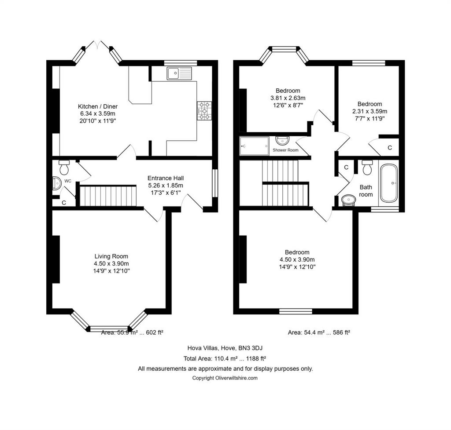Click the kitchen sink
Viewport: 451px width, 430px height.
tap(179, 73)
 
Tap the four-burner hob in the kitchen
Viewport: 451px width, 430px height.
tap(204, 111)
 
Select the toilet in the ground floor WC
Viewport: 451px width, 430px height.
tap(64, 167)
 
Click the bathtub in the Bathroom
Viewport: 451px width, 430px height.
tap(389, 183)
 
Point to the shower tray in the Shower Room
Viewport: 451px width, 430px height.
tap(254, 146)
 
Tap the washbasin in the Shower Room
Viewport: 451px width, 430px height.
tap(282, 141)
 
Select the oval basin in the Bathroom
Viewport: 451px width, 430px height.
tap(349, 200)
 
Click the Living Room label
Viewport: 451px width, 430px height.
tap(111, 256)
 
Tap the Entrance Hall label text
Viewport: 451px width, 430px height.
tap(166, 178)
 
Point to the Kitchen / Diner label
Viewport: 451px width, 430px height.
tap(98, 106)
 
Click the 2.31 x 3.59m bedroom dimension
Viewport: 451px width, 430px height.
tap(370, 111)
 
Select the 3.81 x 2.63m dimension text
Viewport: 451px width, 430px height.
tap(288, 98)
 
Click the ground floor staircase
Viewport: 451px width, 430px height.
tap(108, 196)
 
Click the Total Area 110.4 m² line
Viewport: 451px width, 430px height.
tap(225, 358)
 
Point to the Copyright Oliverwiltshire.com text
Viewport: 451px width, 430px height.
tap(225, 378)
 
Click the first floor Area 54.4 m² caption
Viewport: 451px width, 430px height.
tap(319, 333)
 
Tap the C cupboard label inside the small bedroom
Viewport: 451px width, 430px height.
tap(390, 148)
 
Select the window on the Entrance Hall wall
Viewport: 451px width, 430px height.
tap(215, 183)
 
